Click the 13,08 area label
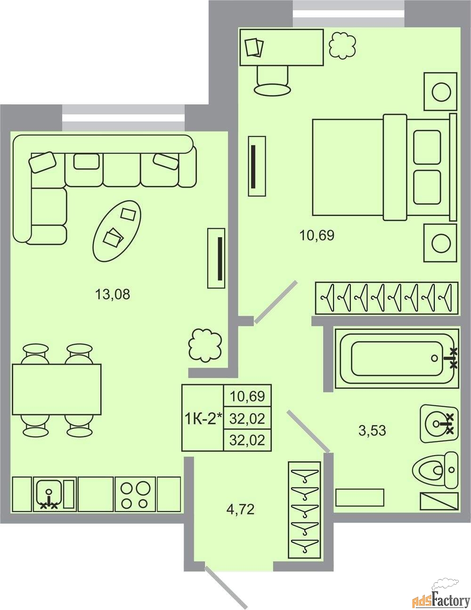click(x=113, y=295)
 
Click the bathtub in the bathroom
click(x=397, y=359)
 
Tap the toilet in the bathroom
click(x=435, y=470)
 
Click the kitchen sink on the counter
click(x=49, y=495)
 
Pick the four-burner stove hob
click(x=135, y=494)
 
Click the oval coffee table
click(x=117, y=231)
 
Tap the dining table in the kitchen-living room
click(x=57, y=389)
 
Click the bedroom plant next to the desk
click(x=342, y=46)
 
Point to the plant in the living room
click(x=205, y=345)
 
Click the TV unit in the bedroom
click(x=257, y=166)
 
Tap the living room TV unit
click(x=216, y=258)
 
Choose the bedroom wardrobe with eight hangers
click(x=387, y=298)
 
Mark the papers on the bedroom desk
click(x=254, y=48)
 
